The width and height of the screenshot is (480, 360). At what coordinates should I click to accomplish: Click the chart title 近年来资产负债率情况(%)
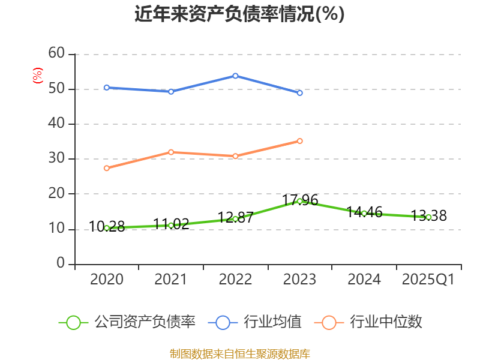[239, 14]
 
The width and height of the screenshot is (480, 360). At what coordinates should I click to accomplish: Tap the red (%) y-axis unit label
[37, 76]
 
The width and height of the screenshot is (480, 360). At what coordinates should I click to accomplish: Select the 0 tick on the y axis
[60, 263]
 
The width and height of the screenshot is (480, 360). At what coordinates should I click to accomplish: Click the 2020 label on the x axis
[107, 280]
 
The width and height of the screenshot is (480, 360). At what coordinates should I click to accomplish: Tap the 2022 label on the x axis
[235, 280]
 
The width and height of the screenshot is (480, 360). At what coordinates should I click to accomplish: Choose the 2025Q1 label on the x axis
[428, 280]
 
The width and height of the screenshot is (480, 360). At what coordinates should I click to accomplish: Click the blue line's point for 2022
[235, 76]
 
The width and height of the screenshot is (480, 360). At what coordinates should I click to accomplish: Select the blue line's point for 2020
[107, 88]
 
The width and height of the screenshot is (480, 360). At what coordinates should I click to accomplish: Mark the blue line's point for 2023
[299, 93]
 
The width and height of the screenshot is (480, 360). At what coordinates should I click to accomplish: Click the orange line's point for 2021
[171, 152]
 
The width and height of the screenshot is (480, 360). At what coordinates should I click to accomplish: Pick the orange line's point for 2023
[299, 141]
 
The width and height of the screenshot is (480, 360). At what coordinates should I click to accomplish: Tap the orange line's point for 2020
[107, 168]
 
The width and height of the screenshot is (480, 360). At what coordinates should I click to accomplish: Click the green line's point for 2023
[299, 201]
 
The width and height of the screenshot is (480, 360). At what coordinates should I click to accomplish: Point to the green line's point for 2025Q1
[428, 217]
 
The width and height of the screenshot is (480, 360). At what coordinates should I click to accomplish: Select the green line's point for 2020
[107, 228]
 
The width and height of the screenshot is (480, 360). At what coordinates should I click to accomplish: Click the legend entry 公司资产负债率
[127, 322]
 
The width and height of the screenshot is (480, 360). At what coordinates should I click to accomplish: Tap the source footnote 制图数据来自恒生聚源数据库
[239, 353]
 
